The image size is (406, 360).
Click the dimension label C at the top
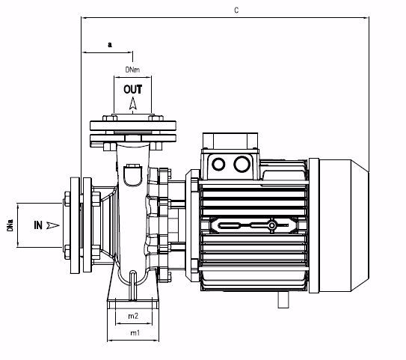[x=236, y=12]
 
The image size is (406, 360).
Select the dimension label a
[x=110, y=45]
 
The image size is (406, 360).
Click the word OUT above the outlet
[x=133, y=89]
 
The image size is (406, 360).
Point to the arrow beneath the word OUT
[x=133, y=106]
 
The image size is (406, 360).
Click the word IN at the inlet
[x=37, y=224]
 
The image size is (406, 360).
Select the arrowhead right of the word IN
[x=52, y=224]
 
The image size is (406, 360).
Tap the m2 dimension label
[x=133, y=317]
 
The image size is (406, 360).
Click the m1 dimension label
[x=133, y=332]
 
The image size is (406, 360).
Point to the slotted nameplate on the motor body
[x=247, y=224]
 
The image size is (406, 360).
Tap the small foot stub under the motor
[x=284, y=299]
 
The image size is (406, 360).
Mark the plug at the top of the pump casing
[x=133, y=175]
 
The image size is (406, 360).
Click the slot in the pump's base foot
[x=133, y=284]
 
